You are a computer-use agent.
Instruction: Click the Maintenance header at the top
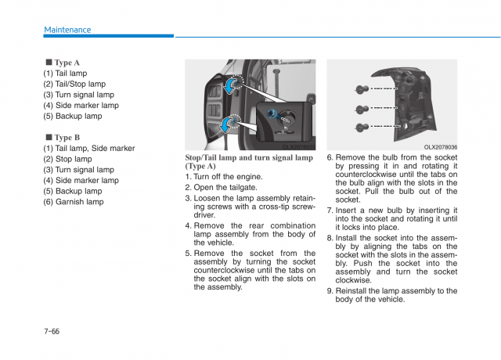[x=67, y=30]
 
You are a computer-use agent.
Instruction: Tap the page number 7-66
[x=52, y=331]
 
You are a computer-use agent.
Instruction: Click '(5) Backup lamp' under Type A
[x=72, y=116]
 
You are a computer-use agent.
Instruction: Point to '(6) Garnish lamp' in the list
[x=73, y=201]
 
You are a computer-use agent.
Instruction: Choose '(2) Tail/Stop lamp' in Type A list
[x=74, y=84]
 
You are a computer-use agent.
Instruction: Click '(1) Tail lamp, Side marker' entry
[x=88, y=148]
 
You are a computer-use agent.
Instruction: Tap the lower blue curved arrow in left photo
[x=226, y=123]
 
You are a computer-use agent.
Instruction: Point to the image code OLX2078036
[x=441, y=146]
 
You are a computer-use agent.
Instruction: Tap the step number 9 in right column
[x=330, y=290]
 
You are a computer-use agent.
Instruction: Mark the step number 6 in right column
[x=330, y=157]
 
